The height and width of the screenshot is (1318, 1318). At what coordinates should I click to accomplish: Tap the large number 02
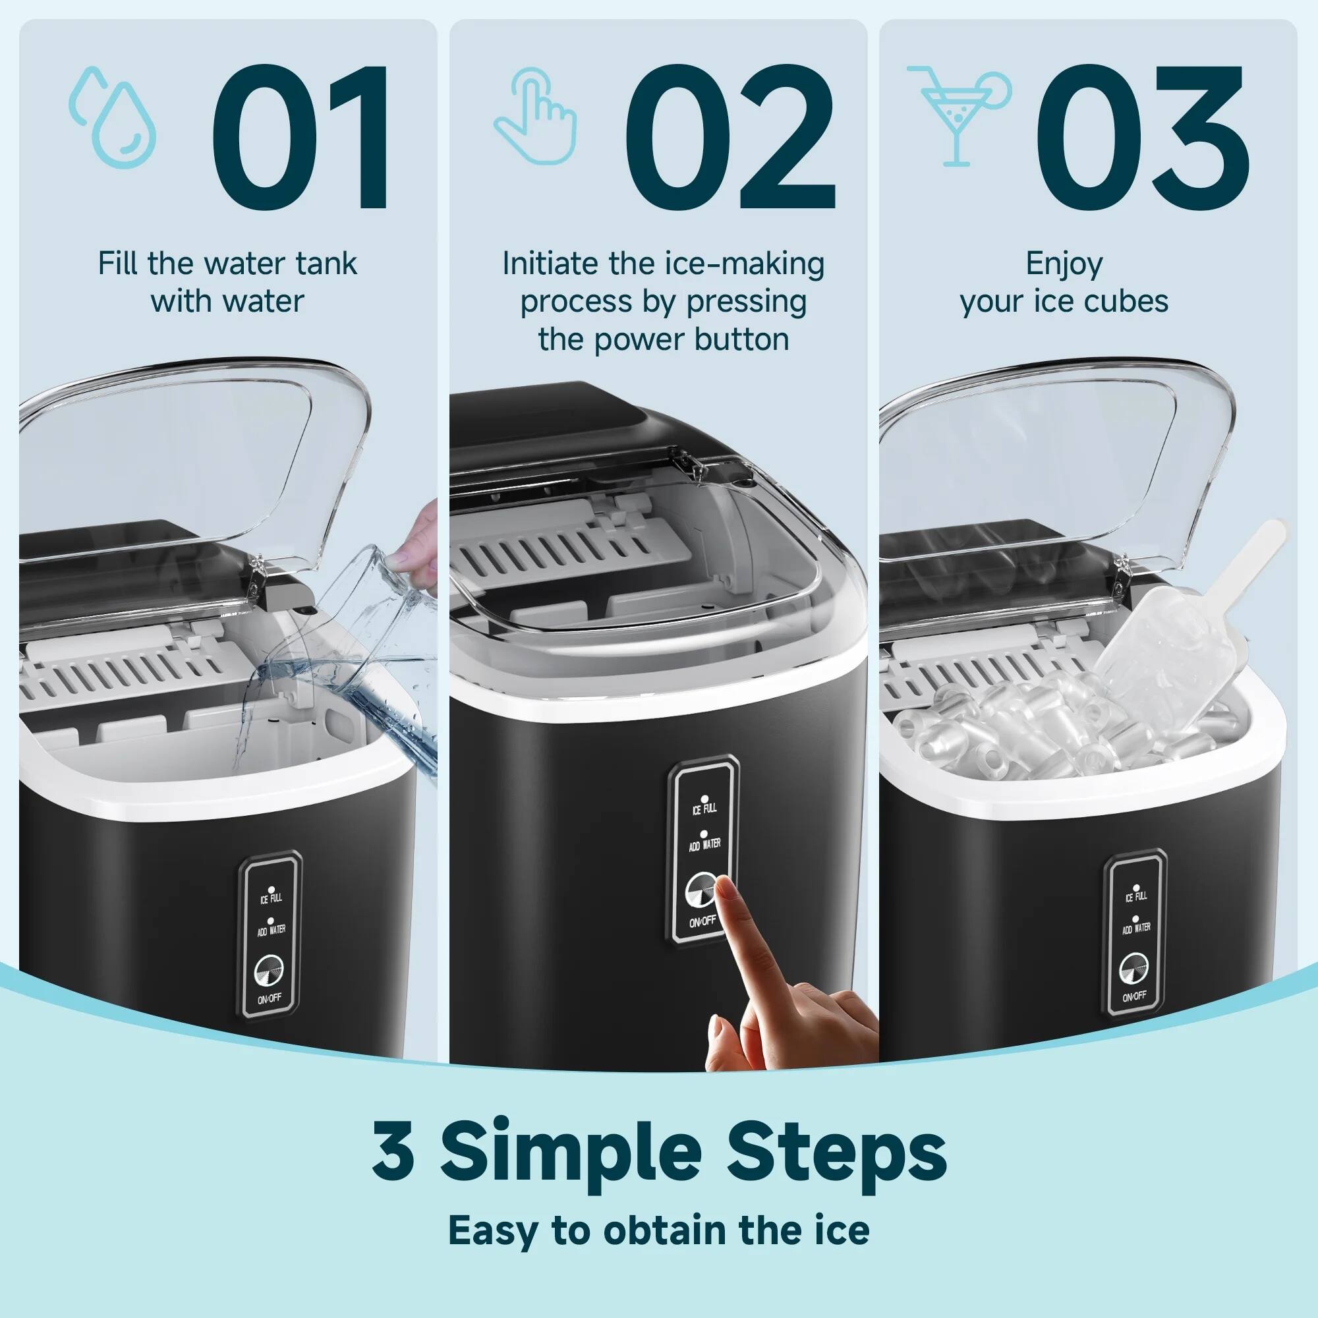click(729, 136)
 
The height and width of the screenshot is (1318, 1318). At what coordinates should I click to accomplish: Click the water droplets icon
click(113, 116)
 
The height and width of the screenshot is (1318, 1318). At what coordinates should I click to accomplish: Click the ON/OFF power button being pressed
click(701, 890)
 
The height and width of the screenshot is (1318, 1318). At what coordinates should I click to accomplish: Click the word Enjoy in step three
click(1064, 264)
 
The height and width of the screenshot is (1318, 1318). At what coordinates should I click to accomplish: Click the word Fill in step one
click(117, 264)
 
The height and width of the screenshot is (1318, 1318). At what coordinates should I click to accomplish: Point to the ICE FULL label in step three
click(1135, 896)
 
